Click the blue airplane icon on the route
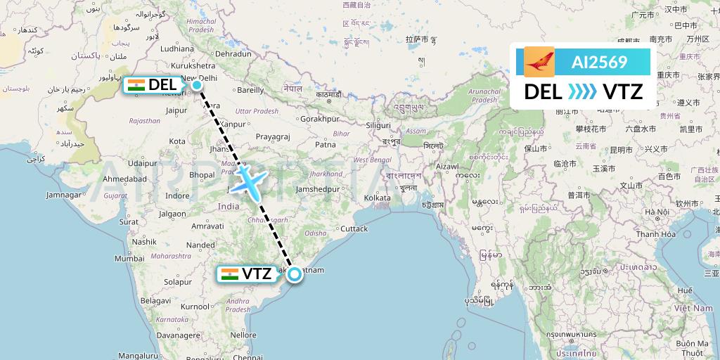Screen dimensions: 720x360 point(247,179)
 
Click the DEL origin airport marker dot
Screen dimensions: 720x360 point(198,86)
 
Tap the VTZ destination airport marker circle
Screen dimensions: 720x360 point(294,274)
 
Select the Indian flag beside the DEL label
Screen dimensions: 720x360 point(136,86)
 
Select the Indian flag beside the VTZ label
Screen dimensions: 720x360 point(229,274)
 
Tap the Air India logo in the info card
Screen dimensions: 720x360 point(539,62)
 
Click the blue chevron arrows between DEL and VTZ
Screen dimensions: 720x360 point(581,91)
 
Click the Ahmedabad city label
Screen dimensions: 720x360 point(125,179)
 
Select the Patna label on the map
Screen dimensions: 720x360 point(325,144)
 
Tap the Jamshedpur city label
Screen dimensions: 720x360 point(318,188)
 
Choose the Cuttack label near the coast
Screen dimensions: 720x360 point(353,229)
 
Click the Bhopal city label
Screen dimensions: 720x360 point(202,174)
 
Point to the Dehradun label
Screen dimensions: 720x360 point(233,53)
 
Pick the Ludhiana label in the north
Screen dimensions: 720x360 point(176,49)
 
